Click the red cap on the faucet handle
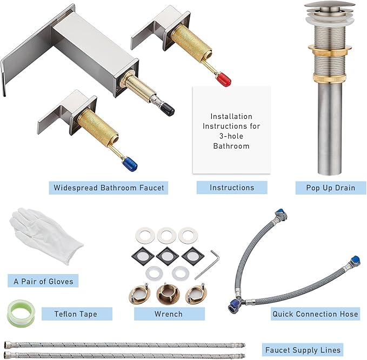[224, 79]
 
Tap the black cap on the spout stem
[168, 109]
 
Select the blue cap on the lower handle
[130, 163]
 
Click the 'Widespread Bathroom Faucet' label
[109, 188]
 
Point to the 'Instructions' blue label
[232, 188]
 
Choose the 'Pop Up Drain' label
[330, 188]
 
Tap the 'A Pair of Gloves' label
[43, 281]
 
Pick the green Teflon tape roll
[21, 314]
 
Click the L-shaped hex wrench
[208, 264]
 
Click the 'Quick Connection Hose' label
[315, 314]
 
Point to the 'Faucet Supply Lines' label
[303, 350]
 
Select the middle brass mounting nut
[168, 294]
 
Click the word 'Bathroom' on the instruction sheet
[231, 146]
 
